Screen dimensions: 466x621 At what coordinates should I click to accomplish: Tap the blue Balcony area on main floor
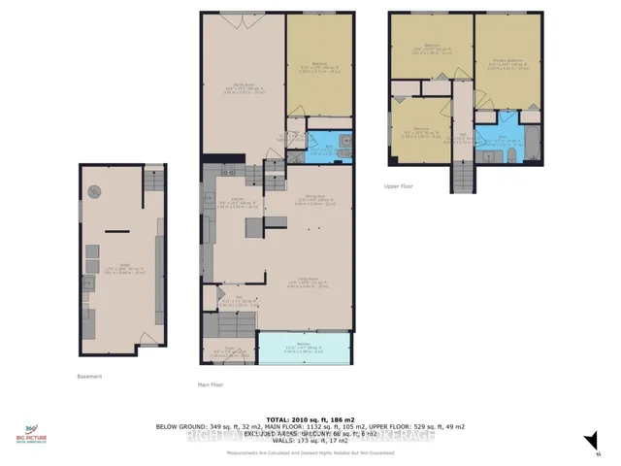pos(304,348)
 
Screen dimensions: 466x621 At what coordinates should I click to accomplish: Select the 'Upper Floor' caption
pos(399,185)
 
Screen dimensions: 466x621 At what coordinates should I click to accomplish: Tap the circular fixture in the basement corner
pos(95,189)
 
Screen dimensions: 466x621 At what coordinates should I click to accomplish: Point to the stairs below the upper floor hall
pos(463,176)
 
